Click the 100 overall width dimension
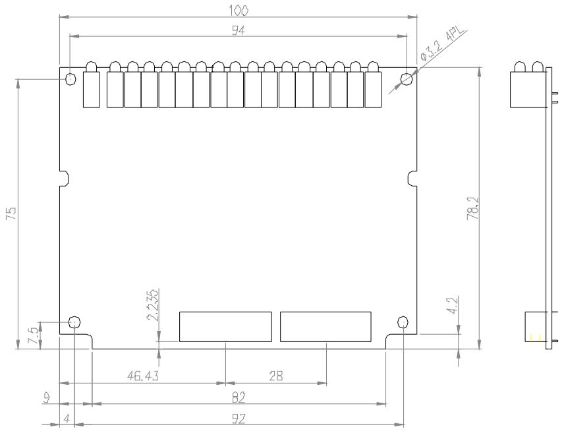[239, 11]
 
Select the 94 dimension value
[238, 30]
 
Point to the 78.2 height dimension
[473, 208]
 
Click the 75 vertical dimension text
[11, 214]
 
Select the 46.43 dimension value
[143, 376]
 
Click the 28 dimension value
[276, 376]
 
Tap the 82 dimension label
[239, 397]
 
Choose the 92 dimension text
[239, 418]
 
